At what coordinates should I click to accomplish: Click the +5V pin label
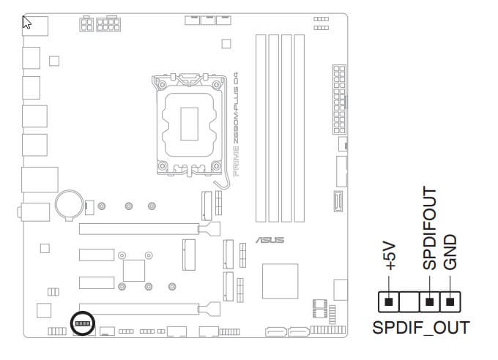tap(390, 256)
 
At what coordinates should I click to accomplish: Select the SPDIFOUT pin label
tap(430, 228)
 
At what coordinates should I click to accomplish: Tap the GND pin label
tap(450, 252)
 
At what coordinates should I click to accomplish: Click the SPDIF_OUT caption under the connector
tap(421, 328)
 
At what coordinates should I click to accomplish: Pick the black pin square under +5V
tap(388, 301)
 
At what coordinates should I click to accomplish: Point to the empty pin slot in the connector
tap(409, 301)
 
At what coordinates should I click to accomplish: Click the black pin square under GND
tap(450, 301)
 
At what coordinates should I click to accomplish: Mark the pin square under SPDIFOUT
tap(429, 301)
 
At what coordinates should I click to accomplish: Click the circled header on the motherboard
tap(83, 323)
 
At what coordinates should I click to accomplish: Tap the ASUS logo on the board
tap(270, 240)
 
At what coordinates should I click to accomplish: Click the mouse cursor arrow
tap(26, 22)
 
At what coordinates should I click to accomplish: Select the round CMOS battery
tap(70, 204)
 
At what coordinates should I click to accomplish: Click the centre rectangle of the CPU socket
tap(189, 124)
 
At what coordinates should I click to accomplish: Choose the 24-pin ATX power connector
tap(339, 100)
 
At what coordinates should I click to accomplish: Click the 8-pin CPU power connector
tap(108, 24)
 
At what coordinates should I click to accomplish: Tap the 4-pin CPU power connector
tap(86, 24)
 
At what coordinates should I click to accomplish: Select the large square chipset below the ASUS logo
tap(280, 281)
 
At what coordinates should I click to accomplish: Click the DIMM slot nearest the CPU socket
tap(261, 128)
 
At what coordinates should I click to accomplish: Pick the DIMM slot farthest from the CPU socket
tap(300, 128)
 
